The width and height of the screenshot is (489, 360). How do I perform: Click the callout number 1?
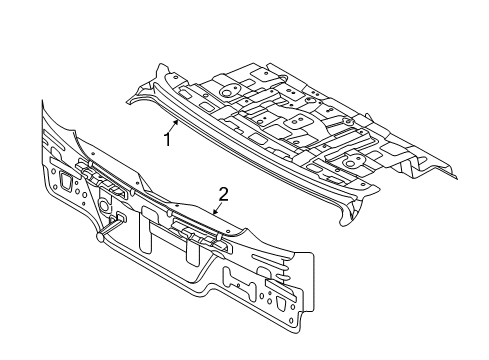click(x=168, y=140)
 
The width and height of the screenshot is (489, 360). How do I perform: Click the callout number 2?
click(x=224, y=195)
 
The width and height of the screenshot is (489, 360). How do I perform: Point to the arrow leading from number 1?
click(x=176, y=124)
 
